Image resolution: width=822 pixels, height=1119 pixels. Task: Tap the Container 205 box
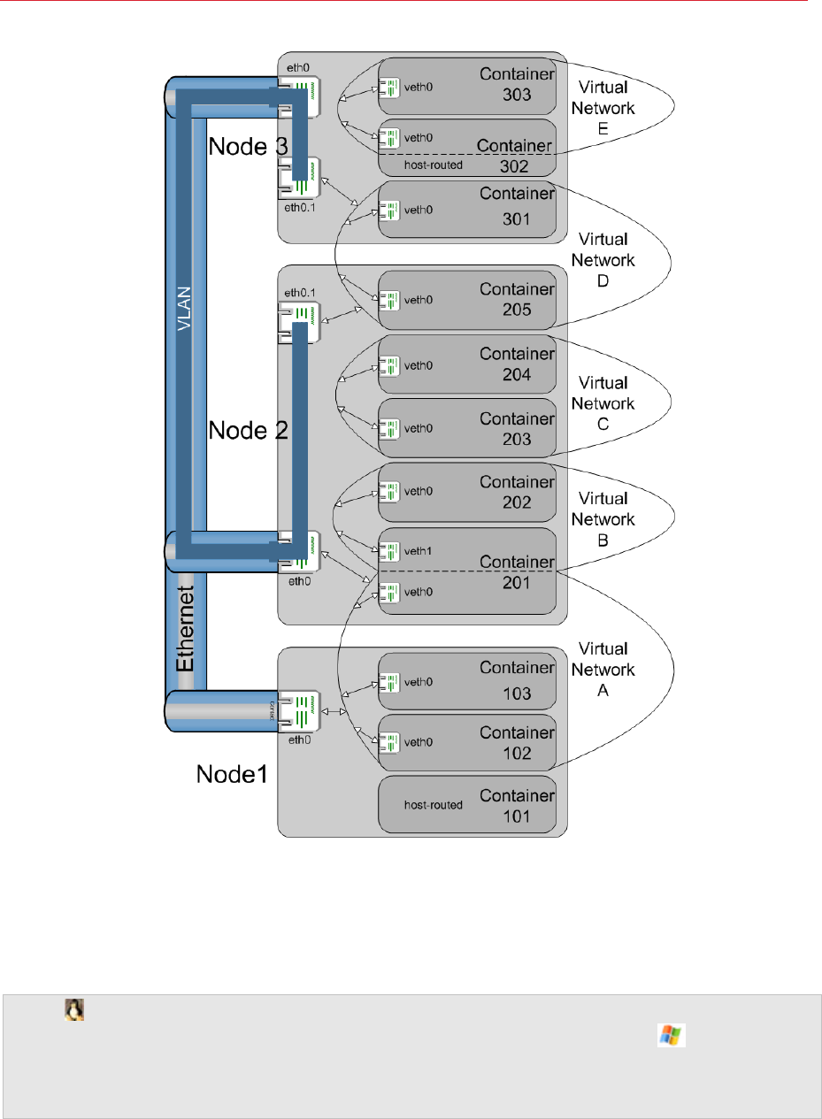coord(466,300)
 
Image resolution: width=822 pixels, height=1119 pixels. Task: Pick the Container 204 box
coord(466,364)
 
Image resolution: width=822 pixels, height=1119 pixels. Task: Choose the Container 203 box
coord(466,428)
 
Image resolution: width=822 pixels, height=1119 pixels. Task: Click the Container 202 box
coord(466,492)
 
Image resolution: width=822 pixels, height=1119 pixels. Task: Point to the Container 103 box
coord(466,683)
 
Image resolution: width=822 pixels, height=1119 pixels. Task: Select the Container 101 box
coord(466,805)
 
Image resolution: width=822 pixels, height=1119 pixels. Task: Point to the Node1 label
coord(232,775)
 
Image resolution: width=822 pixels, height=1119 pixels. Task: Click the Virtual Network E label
coord(606,109)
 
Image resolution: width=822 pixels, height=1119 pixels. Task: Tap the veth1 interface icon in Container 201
coord(388,552)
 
